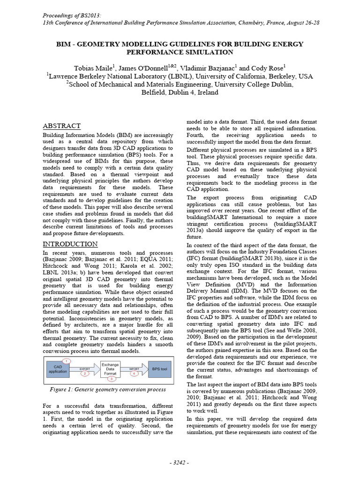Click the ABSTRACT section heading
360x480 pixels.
(x=62, y=126)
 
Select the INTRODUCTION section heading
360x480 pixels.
(x=70, y=244)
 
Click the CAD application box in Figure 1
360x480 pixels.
(x=58, y=369)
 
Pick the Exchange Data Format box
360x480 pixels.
(x=110, y=369)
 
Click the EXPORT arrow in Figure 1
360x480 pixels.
(x=85, y=369)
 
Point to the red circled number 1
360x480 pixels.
(x=67, y=360)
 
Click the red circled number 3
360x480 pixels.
(x=110, y=378)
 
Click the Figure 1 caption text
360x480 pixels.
(x=107, y=389)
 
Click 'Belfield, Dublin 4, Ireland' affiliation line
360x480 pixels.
(x=180, y=92)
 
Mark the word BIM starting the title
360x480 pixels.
(x=64, y=44)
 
